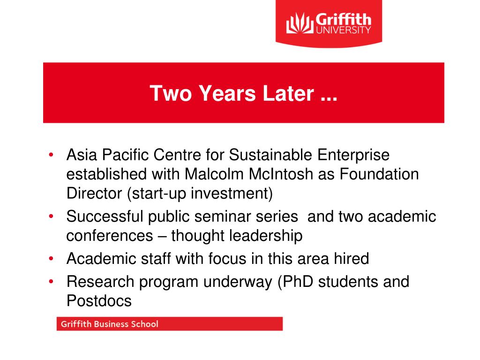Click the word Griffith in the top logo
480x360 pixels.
pos(343,19)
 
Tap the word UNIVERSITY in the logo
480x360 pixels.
pos(344,30)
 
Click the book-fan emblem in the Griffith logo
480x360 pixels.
pos(300,23)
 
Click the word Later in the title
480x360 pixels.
pos(288,93)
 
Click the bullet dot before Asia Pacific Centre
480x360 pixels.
pos(51,155)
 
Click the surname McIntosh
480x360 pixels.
pos(281,174)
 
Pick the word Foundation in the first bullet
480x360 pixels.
pos(379,174)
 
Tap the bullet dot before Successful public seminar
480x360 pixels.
pos(51,217)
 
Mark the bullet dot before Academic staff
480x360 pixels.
pos(51,259)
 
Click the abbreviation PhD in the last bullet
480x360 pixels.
pos(298,282)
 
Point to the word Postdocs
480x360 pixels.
pos(99,300)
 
